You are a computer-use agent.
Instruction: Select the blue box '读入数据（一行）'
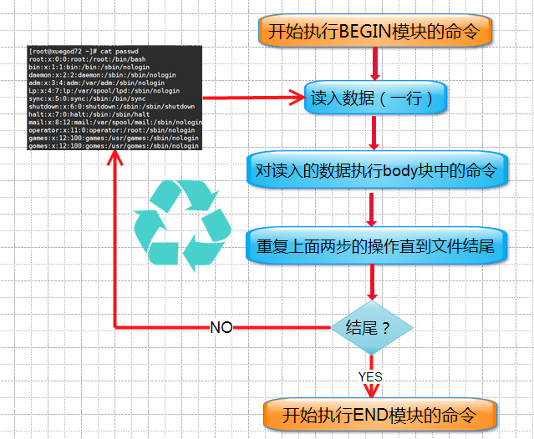(x=374, y=98)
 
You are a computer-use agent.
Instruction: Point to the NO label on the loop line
(x=221, y=327)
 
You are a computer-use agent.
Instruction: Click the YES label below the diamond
(x=370, y=376)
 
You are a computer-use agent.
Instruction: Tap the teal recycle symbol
(x=183, y=225)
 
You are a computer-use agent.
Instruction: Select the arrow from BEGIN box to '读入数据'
(x=374, y=64)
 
